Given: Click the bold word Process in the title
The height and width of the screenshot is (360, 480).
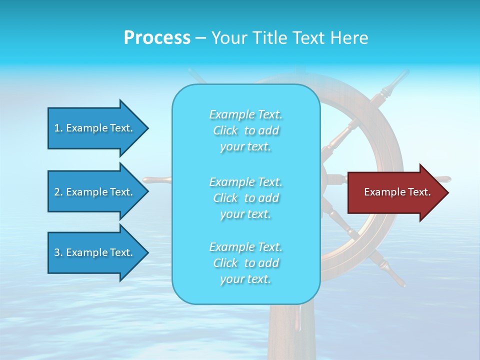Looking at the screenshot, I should pyautogui.click(x=157, y=38).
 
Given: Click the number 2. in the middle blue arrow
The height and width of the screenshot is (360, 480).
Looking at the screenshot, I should pyautogui.click(x=58, y=192).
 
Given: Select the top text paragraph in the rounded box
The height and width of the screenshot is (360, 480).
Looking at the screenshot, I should pyautogui.click(x=245, y=130).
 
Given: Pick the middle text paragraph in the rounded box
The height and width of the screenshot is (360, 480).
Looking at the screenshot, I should pyautogui.click(x=245, y=198).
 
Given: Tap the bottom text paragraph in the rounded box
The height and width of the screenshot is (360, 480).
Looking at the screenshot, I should pyautogui.click(x=245, y=263).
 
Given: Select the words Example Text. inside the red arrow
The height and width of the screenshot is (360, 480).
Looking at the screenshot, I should pyautogui.click(x=397, y=192).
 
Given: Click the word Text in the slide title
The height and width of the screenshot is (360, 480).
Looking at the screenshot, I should pyautogui.click(x=309, y=38).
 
